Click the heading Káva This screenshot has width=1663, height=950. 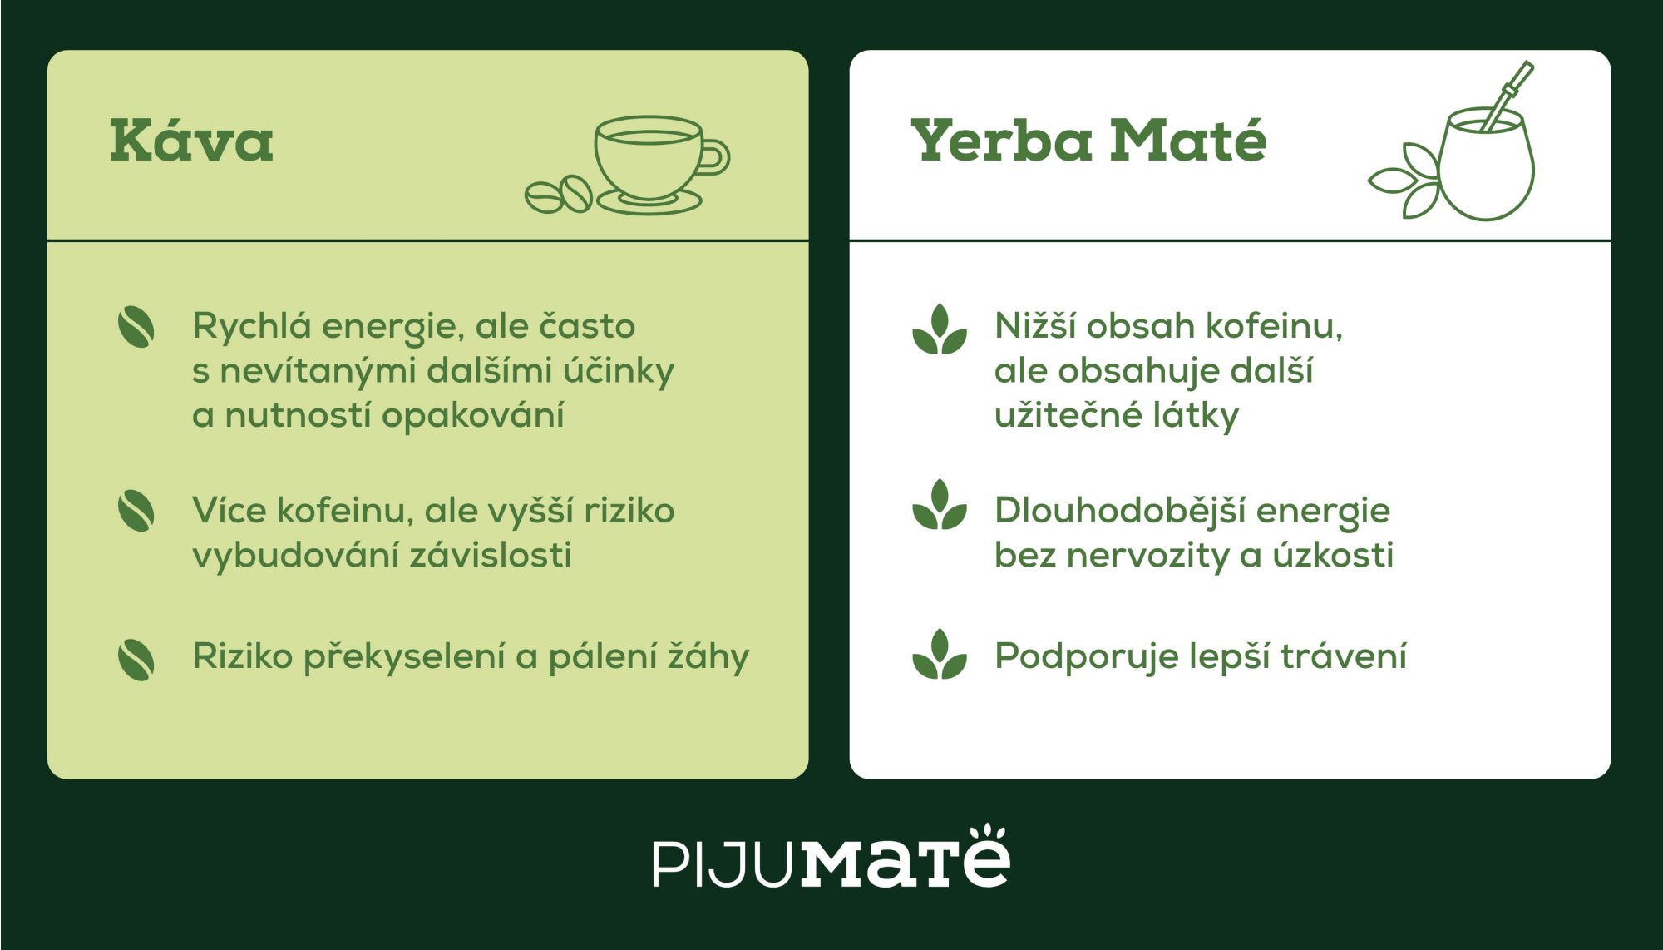[191, 141]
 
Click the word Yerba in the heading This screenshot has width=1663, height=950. [1001, 141]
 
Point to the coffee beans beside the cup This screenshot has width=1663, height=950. [558, 195]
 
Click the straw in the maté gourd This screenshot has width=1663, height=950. [1509, 94]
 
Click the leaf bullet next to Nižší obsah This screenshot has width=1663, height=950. [940, 329]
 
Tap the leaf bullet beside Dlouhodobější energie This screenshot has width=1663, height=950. [940, 505]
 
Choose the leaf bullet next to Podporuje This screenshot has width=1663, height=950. [940, 655]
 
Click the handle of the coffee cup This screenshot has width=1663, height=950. [715, 156]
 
